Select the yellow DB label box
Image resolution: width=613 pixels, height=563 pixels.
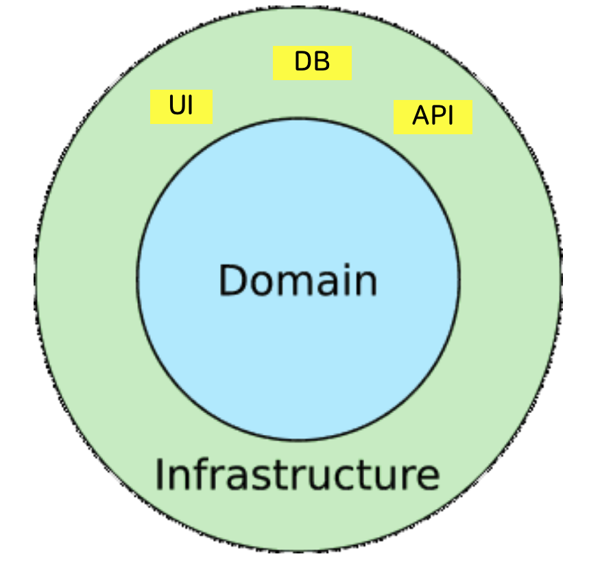coord(312,63)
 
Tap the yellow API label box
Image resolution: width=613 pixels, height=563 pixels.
coord(433,116)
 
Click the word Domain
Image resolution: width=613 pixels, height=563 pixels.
coord(298,281)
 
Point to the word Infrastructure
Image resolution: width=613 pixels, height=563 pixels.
coord(296,475)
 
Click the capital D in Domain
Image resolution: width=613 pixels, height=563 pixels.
coord(233,280)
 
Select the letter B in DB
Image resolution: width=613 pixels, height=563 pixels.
coord(322,63)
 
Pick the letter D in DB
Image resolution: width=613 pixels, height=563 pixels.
coord(304,63)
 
